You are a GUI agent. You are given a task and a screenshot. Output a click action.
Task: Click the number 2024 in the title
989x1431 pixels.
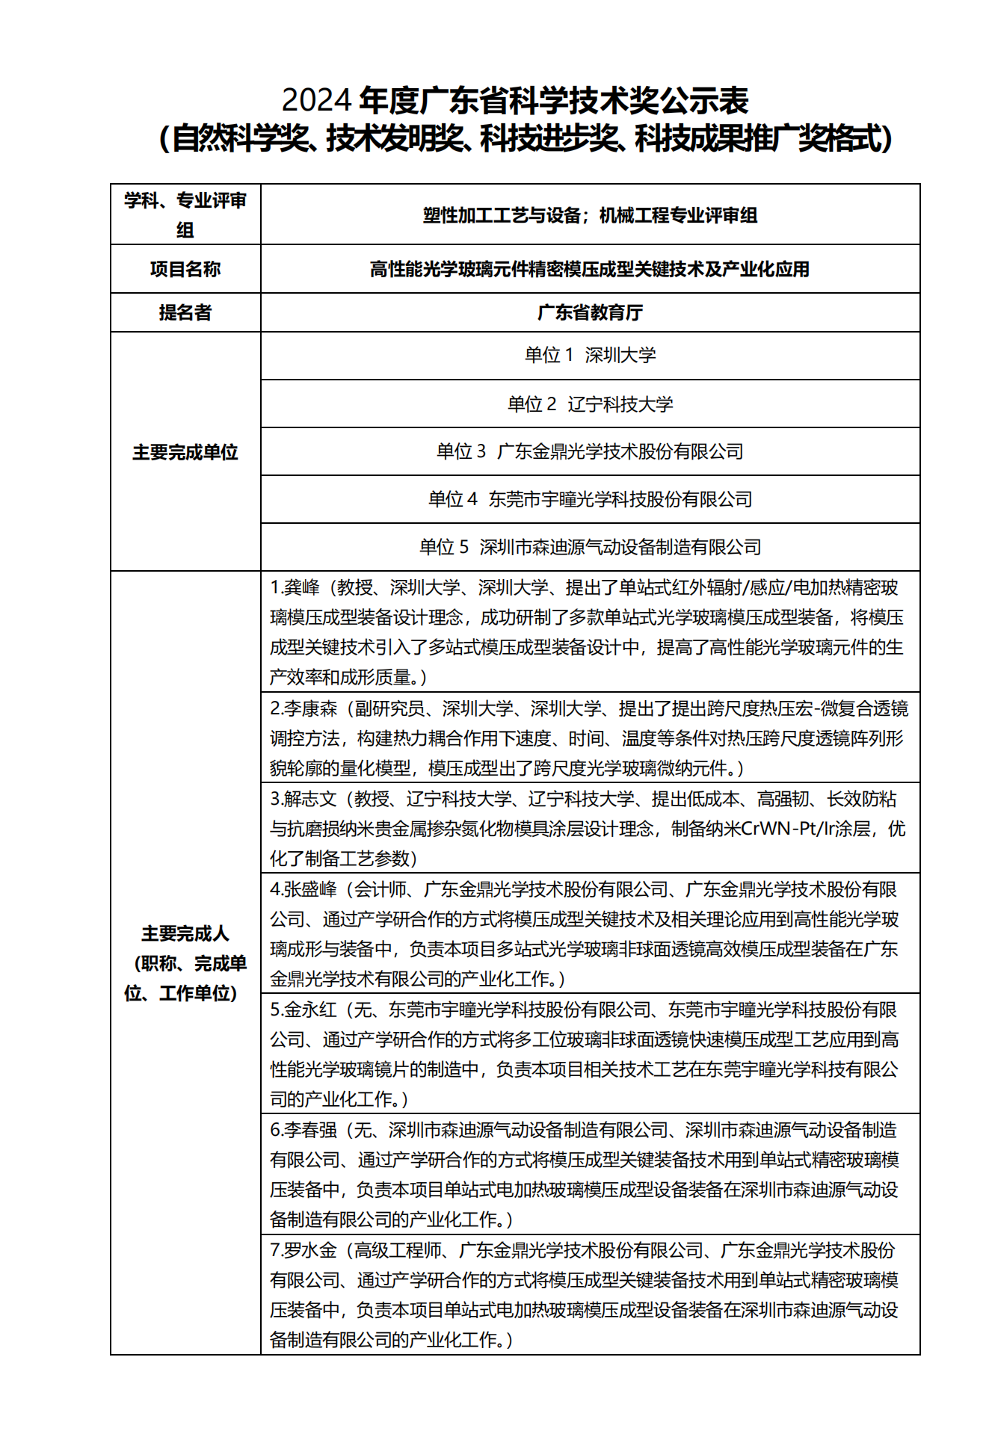pyautogui.click(x=316, y=100)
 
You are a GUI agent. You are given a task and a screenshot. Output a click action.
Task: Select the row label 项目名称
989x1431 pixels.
pyautogui.click(x=185, y=269)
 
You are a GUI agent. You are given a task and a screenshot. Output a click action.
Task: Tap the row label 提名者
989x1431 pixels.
pyautogui.click(x=185, y=312)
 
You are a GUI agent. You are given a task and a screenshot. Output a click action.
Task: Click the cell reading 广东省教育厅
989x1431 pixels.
pyautogui.click(x=590, y=312)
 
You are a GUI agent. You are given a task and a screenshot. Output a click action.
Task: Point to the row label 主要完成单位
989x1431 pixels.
pyautogui.click(x=185, y=452)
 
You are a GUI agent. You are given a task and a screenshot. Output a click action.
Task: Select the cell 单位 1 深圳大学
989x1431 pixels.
pyautogui.click(x=590, y=356)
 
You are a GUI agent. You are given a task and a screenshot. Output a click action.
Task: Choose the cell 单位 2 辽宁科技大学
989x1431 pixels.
pyautogui.click(x=590, y=404)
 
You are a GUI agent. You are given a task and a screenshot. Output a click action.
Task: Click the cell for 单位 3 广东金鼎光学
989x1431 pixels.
pyautogui.click(x=590, y=451)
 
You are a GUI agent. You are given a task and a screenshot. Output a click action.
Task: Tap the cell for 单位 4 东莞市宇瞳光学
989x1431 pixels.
pyautogui.click(x=590, y=499)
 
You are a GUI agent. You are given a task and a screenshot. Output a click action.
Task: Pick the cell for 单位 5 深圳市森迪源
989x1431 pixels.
pyautogui.click(x=590, y=547)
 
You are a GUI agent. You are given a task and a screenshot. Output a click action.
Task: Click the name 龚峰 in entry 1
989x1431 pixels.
pyautogui.click(x=301, y=588)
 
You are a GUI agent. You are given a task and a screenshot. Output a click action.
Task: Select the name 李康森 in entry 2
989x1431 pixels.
pyautogui.click(x=310, y=708)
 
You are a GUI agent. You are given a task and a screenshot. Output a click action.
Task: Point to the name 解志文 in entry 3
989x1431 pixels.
pyautogui.click(x=310, y=800)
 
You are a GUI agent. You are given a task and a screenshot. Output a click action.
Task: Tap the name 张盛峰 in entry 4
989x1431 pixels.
pyautogui.click(x=310, y=889)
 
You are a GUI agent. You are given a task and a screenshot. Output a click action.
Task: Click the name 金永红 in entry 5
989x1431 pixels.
pyautogui.click(x=310, y=1010)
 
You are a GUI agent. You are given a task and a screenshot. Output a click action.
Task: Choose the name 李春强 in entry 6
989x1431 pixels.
pyautogui.click(x=310, y=1130)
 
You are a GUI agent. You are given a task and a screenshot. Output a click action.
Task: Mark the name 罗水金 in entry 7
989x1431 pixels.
pyautogui.click(x=310, y=1250)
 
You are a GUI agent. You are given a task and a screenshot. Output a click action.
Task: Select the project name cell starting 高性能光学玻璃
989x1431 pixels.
pyautogui.click(x=590, y=269)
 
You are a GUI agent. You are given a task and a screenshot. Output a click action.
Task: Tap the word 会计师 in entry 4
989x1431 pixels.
pyautogui.click(x=380, y=889)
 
